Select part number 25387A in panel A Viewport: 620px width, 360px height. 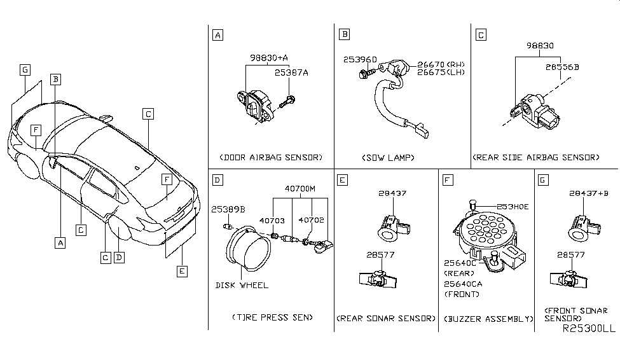(x=291, y=73)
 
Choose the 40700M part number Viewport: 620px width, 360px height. (x=301, y=189)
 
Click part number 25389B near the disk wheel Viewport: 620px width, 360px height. (x=228, y=209)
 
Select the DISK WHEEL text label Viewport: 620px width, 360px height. (x=242, y=285)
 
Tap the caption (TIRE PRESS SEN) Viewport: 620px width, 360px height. (x=270, y=317)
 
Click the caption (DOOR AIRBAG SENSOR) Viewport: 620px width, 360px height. (x=270, y=157)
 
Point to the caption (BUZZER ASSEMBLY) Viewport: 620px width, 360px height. (x=486, y=319)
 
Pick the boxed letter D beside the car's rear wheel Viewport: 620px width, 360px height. (x=118, y=258)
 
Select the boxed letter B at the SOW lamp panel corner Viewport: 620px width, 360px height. (x=344, y=35)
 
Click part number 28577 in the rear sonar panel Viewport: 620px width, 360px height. (x=380, y=254)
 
